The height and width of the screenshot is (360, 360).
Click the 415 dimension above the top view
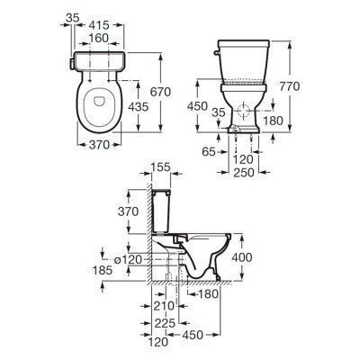tap(99, 25)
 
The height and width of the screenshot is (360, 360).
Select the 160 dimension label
tap(99, 39)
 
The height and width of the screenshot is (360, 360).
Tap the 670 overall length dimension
tap(160, 92)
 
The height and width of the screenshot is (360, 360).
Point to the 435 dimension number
tap(138, 106)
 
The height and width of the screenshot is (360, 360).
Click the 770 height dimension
tap(290, 86)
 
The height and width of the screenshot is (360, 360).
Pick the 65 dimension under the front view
tap(209, 152)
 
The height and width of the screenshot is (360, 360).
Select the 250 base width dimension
tap(244, 173)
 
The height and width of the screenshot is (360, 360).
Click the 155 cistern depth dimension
tap(160, 167)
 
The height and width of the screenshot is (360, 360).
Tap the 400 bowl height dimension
tap(242, 257)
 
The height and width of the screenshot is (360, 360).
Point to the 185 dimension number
tap(103, 270)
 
